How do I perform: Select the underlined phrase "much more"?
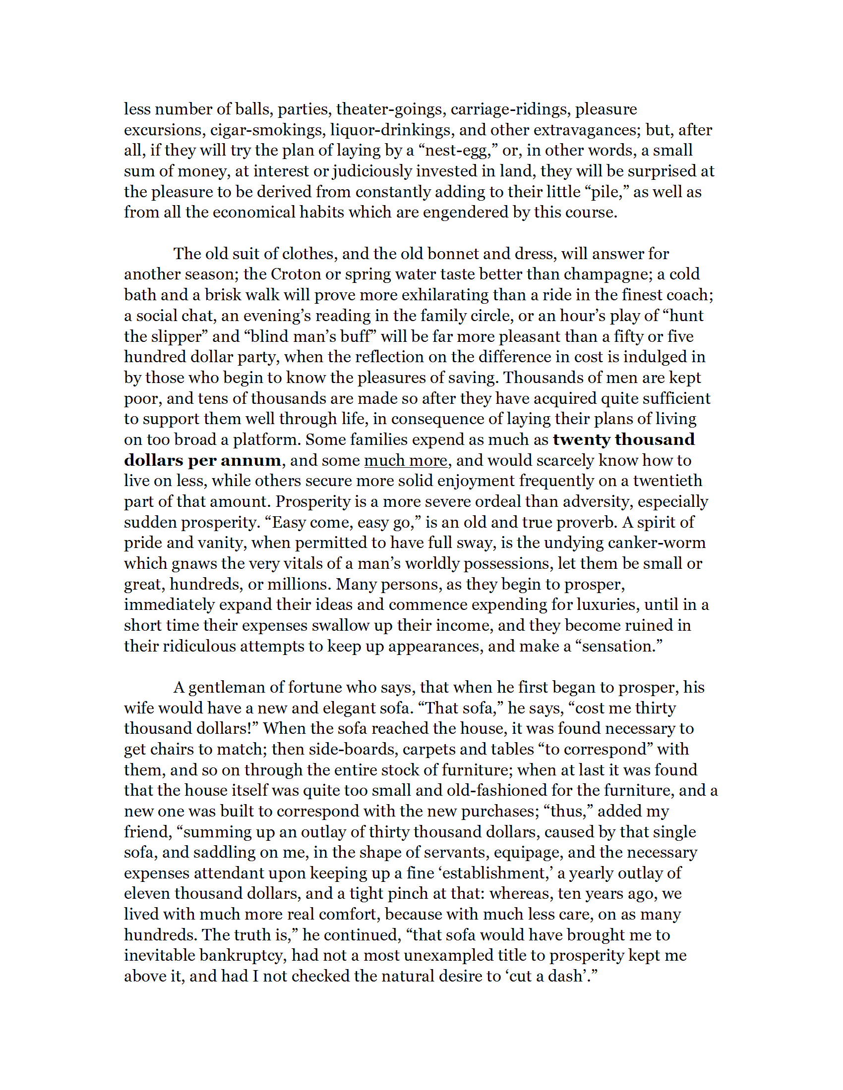tap(406, 460)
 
